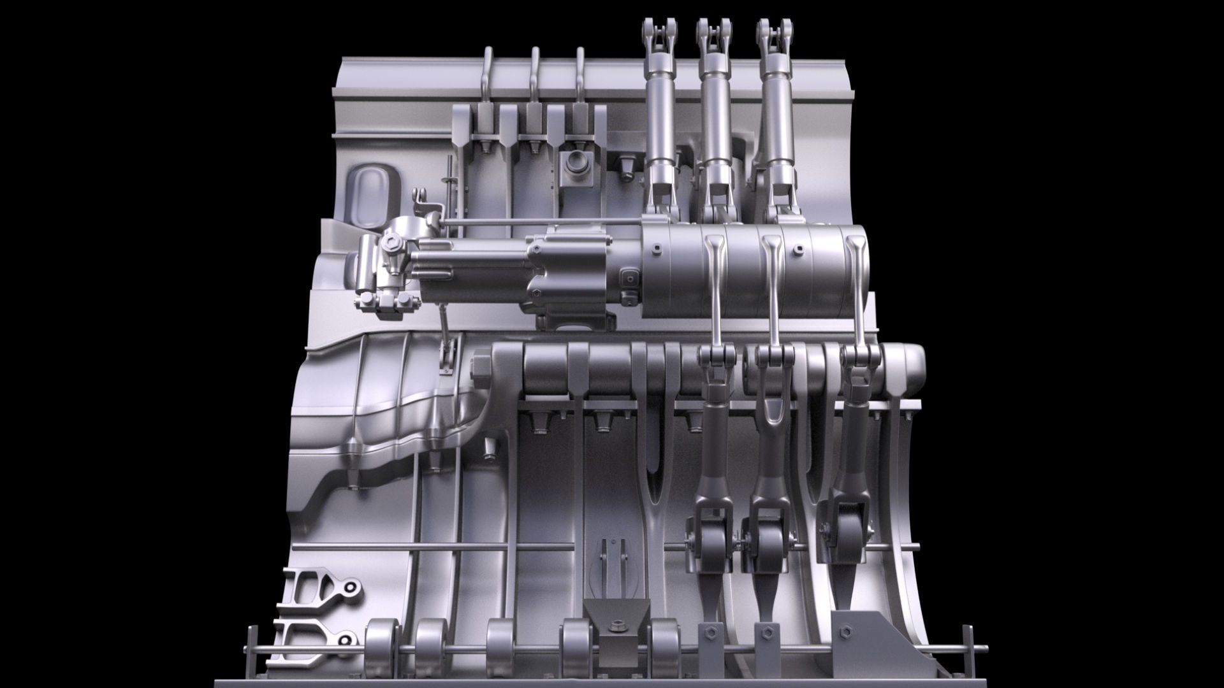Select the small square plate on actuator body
(630, 278)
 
